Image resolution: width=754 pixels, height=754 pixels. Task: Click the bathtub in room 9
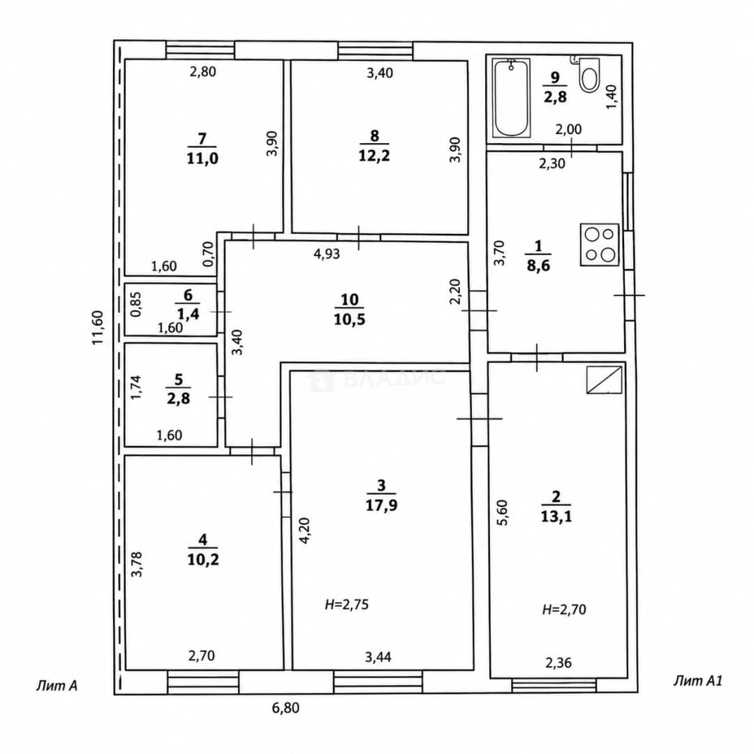[511, 98]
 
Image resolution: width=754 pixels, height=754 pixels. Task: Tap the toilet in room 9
[589, 75]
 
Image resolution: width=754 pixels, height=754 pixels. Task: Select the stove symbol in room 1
[599, 244]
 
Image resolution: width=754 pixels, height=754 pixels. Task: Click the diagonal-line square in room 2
[605, 380]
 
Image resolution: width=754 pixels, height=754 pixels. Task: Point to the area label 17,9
[381, 505]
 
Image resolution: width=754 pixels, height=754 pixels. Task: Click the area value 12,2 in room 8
[374, 155]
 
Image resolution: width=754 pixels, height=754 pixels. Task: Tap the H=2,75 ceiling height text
[347, 605]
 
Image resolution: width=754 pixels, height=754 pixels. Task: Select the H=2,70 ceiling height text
[564, 609]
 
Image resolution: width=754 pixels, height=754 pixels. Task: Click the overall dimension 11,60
[98, 327]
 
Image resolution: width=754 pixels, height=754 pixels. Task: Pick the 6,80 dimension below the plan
[286, 708]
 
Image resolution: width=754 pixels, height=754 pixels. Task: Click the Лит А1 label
[697, 681]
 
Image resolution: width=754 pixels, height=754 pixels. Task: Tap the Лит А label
[57, 686]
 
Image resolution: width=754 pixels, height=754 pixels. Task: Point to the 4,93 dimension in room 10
[327, 253]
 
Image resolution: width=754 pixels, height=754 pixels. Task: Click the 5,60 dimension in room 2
[501, 512]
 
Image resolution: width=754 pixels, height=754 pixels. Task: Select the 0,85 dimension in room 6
[136, 304]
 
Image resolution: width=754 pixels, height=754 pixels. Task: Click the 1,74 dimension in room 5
[136, 387]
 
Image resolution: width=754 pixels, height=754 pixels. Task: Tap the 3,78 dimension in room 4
[137, 564]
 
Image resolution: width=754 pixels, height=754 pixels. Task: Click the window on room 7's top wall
[200, 50]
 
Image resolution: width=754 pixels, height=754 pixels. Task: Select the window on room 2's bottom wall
[554, 686]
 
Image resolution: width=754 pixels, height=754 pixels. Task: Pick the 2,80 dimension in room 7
[203, 72]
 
